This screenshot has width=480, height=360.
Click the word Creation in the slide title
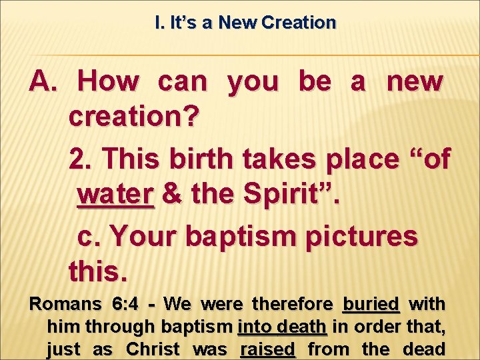click(x=299, y=23)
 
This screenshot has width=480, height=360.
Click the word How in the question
click(x=108, y=82)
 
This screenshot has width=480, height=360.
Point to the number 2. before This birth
click(x=81, y=159)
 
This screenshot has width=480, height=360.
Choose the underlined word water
click(x=115, y=195)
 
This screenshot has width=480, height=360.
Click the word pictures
click(x=362, y=236)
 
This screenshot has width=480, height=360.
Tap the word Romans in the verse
click(x=65, y=304)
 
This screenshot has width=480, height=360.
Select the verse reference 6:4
click(x=125, y=304)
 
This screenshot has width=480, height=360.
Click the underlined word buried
click(x=371, y=304)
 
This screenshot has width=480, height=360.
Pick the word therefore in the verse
click(x=293, y=304)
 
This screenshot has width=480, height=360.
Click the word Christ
click(x=153, y=349)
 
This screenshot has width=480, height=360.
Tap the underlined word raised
click(x=267, y=349)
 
